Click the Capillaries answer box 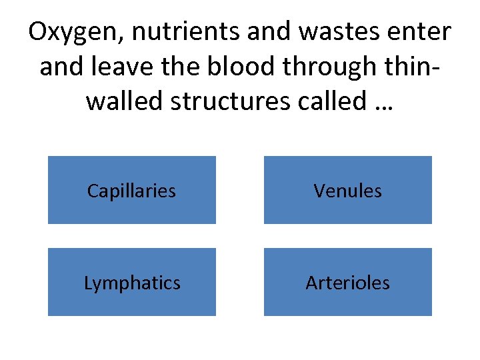[131, 190]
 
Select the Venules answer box [347, 190]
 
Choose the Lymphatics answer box [131, 282]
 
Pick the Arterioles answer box [347, 282]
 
